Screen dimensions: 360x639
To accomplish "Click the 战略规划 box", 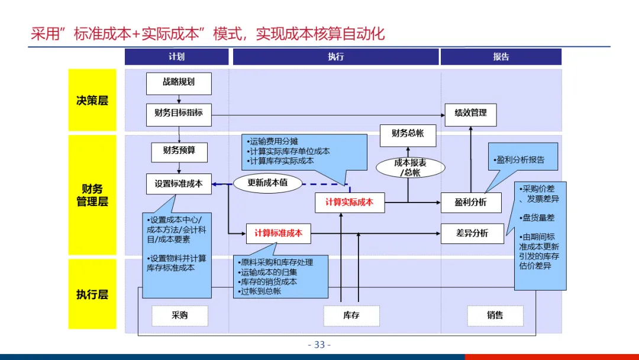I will [179, 83].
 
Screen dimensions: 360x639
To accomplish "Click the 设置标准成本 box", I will [179, 184].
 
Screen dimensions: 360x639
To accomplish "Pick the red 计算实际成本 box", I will [349, 202].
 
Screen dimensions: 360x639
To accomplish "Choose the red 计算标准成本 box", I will [278, 233].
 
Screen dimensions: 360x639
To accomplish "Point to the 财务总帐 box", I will [408, 134].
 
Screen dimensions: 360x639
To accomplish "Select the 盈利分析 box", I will [470, 202].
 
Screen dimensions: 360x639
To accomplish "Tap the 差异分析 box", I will [472, 233].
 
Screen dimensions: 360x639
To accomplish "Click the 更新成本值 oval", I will [267, 183].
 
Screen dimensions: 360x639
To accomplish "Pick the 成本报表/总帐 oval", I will [411, 168].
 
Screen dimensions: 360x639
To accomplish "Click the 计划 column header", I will [176, 57].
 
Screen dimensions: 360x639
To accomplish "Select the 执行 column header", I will [335, 57].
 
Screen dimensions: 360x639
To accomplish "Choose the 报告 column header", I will [501, 57].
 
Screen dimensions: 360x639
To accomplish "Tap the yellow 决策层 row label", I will [92, 100].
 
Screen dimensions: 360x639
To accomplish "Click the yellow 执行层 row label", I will [92, 294].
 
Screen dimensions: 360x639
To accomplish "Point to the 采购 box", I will [180, 316].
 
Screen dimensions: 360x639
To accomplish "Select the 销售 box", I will [495, 316].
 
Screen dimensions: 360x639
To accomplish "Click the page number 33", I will [319, 345].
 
